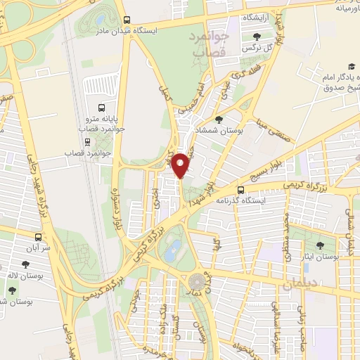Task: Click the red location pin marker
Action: (x=181, y=165)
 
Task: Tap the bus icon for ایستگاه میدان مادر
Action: (x=127, y=20)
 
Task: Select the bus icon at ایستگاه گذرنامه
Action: (x=241, y=190)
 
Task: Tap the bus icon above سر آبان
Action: (x=38, y=237)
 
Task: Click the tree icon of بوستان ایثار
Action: (x=321, y=246)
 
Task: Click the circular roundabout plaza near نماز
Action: (x=195, y=283)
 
